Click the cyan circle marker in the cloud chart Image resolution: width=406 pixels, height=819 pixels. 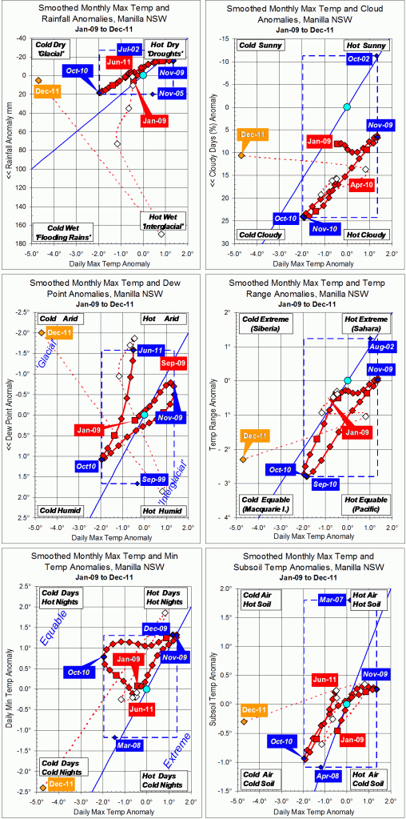point(347,107)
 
